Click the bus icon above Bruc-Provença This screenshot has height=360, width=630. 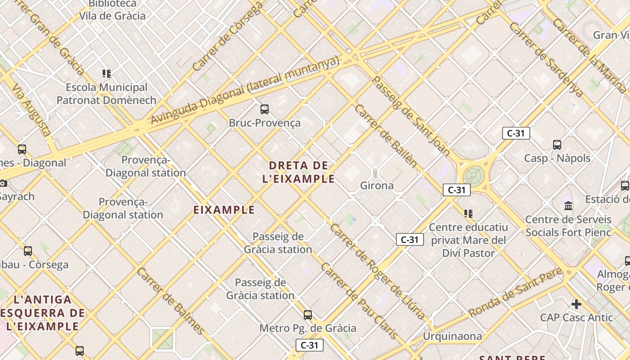(265, 109)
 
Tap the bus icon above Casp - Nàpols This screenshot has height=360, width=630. (557, 145)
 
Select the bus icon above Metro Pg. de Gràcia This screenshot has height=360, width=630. (308, 315)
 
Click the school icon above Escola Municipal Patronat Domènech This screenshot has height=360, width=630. (107, 74)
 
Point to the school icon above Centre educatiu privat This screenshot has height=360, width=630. (468, 214)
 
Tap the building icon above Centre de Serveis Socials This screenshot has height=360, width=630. (568, 206)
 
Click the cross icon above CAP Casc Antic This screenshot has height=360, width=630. (576, 304)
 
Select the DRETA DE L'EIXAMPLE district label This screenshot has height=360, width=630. (299, 172)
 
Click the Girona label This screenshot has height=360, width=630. (377, 185)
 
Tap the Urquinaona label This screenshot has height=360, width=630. (452, 336)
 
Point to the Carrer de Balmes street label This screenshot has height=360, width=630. (171, 301)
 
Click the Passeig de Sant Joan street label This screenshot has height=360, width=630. (412, 117)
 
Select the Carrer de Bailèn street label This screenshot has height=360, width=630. (386, 135)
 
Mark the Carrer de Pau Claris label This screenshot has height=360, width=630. (359, 301)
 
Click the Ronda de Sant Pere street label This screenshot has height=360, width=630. (516, 292)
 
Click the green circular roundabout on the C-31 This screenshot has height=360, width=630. (472, 175)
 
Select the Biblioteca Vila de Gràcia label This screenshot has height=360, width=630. (112, 10)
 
